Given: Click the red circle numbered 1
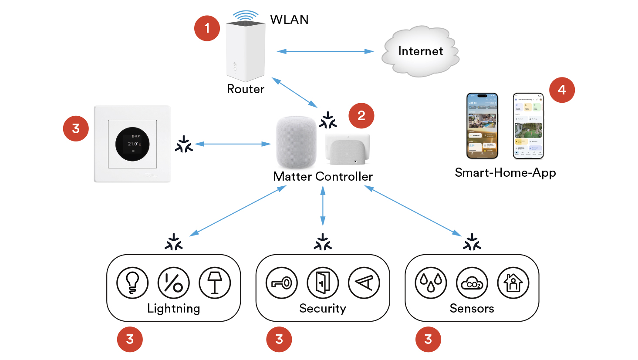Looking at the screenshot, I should [x=207, y=28].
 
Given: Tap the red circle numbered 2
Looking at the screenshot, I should [x=361, y=116].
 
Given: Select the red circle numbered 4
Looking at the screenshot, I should [x=562, y=90].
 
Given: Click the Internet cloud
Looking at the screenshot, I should [x=420, y=51].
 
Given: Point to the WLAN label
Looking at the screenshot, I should [x=289, y=20].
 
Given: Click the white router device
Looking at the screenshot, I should [x=246, y=50].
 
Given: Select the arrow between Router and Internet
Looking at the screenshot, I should [x=325, y=51].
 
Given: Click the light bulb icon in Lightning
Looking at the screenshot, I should [x=132, y=283].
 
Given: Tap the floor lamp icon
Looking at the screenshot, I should [x=215, y=283].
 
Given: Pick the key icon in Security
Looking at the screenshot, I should [x=282, y=283].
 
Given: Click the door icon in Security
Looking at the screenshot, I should [x=323, y=283].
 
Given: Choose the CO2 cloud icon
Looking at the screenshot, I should [x=472, y=283].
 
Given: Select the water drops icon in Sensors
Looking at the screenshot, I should [x=431, y=283].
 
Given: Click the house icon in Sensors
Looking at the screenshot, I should [x=513, y=283].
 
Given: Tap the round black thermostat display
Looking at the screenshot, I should [x=132, y=144].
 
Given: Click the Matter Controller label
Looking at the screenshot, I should [x=323, y=176].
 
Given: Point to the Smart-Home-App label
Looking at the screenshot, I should [x=505, y=173].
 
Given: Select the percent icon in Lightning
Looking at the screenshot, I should [x=173, y=283].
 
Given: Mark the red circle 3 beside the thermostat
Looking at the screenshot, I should [x=76, y=128].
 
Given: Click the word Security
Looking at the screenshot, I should [x=323, y=308].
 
